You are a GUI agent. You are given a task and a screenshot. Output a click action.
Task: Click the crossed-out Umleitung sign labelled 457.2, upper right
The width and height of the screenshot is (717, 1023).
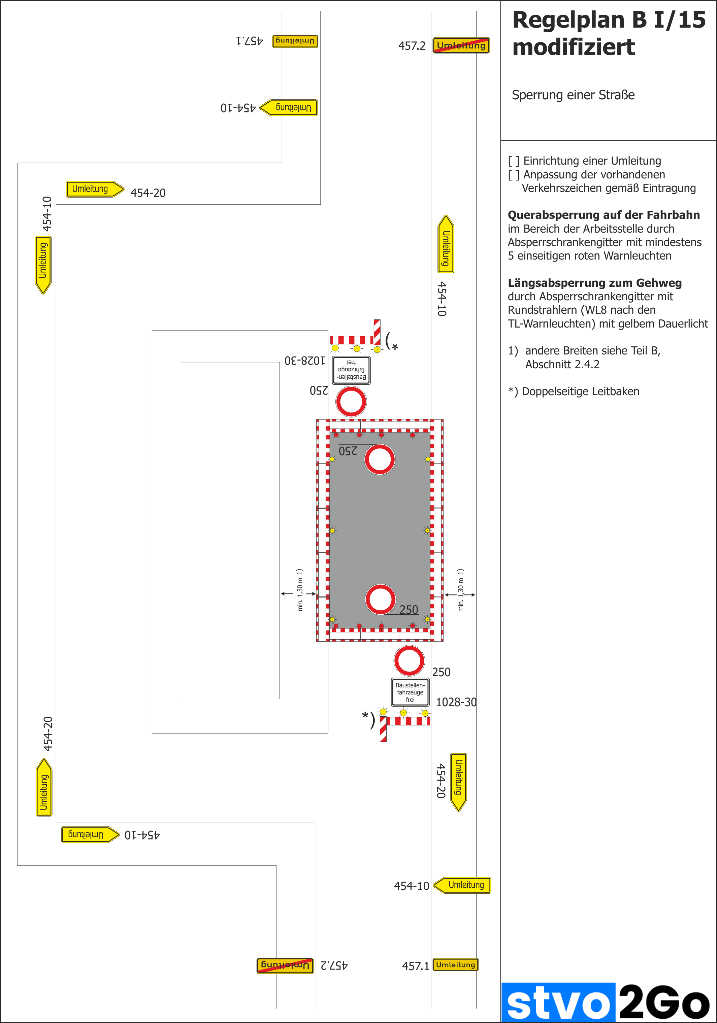[x=461, y=45]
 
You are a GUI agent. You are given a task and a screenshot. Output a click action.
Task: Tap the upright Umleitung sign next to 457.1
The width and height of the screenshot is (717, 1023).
[x=455, y=965]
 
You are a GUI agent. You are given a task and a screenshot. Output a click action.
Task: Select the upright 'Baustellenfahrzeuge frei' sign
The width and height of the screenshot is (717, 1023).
[x=410, y=692]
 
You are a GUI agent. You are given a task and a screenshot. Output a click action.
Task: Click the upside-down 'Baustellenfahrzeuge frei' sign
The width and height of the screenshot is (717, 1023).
[x=351, y=370]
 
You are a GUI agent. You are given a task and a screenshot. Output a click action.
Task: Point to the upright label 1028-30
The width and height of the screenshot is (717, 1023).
[x=456, y=702]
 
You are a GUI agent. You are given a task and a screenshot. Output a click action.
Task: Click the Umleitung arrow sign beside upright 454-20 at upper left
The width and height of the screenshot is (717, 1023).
[x=95, y=189]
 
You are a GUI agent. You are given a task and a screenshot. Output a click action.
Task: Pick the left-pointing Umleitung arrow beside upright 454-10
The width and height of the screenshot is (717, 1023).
[x=462, y=885]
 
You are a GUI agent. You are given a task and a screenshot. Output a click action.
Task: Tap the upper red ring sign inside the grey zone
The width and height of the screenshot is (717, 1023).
[x=380, y=459]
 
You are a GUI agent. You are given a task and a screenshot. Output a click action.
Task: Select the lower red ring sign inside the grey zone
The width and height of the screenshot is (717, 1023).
[x=380, y=599]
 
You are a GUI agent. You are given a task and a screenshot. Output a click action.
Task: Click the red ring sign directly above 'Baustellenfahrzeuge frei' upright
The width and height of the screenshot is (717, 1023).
[x=409, y=661]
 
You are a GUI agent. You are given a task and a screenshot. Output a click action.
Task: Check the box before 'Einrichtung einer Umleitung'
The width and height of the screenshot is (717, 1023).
[x=514, y=161]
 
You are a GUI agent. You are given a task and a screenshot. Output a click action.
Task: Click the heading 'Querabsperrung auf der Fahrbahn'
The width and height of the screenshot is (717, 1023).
[x=603, y=215]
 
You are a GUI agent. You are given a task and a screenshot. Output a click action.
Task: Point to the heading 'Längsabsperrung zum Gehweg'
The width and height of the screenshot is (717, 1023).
[x=594, y=283]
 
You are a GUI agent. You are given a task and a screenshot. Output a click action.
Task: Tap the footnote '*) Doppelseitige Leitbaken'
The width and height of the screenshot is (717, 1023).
[x=574, y=391]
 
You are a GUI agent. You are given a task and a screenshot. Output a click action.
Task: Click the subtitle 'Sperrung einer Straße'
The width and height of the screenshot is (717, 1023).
[x=573, y=95]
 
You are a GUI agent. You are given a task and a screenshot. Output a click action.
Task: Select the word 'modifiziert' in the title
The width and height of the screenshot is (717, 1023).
[x=574, y=47]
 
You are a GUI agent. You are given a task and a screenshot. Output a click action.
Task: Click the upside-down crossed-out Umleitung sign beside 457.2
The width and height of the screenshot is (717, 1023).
[x=285, y=965]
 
